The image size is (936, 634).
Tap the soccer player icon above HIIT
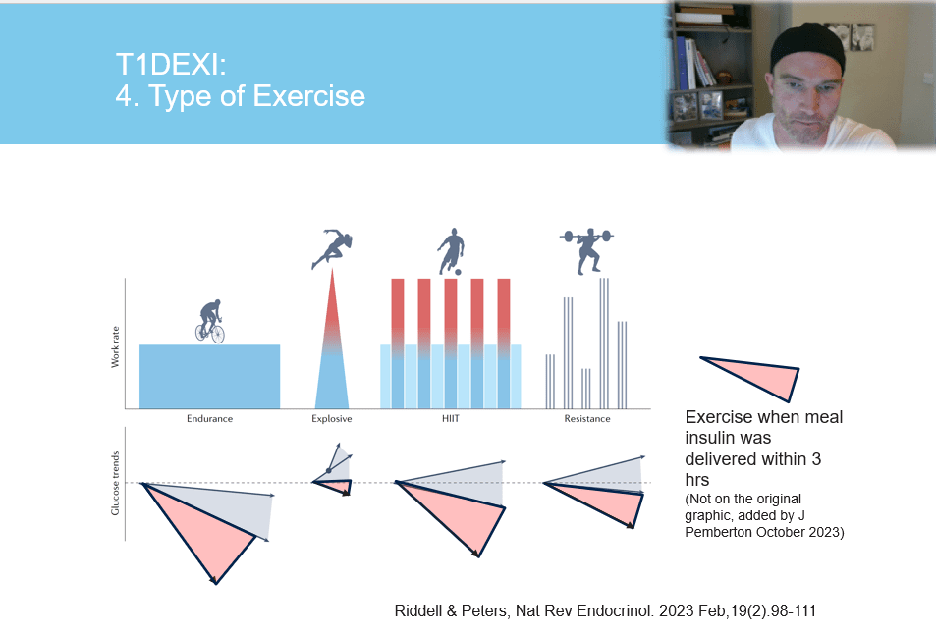click(x=450, y=252)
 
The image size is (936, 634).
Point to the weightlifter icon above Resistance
click(x=586, y=250)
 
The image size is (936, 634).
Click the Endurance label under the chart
click(x=209, y=419)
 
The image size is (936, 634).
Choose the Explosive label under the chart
click(x=331, y=419)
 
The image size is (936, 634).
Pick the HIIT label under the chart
click(x=451, y=419)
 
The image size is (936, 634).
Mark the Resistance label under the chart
click(x=586, y=419)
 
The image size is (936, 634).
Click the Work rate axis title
click(x=115, y=348)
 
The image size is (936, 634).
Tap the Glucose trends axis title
click(x=115, y=484)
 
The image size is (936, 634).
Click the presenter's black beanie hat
click(x=807, y=43)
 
